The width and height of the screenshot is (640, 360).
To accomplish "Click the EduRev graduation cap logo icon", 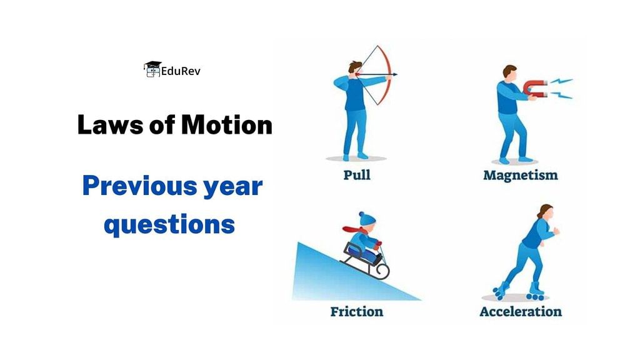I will [152, 69].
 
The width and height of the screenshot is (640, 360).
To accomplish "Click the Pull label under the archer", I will [356, 174].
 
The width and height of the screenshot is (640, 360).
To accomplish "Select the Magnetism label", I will [520, 175].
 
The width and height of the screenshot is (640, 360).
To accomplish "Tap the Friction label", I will [356, 311].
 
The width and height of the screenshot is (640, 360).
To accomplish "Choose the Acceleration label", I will [520, 311].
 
